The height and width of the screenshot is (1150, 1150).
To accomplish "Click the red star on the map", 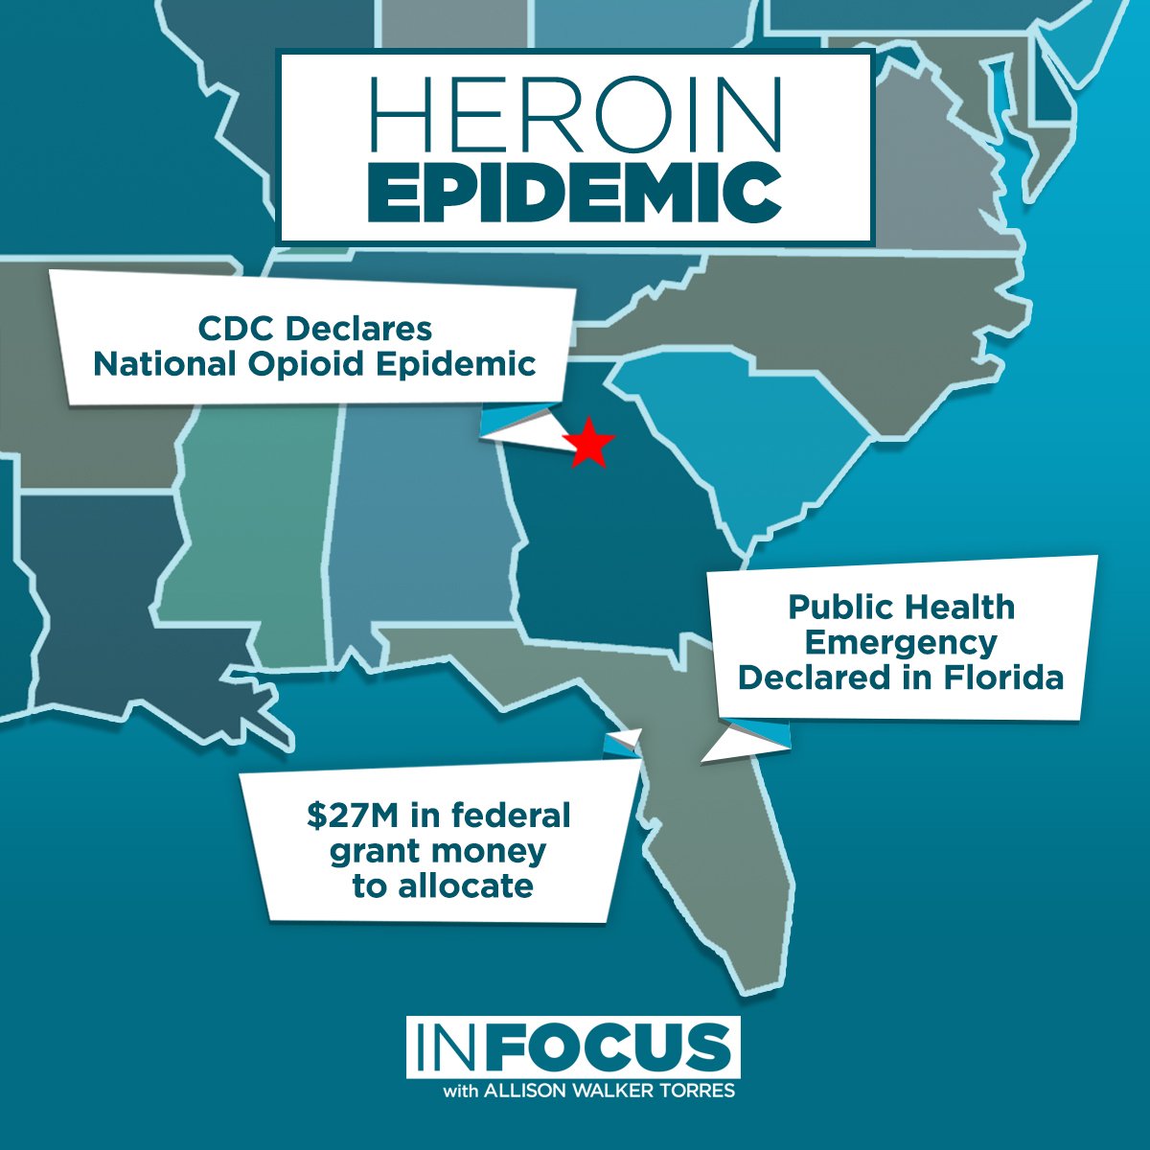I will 587,444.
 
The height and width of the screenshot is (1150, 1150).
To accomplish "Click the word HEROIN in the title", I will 575,115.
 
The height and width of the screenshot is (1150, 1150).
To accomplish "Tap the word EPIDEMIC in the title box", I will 575,192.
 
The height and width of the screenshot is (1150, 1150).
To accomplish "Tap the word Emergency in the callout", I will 902,642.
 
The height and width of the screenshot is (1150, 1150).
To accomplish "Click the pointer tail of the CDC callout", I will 522,426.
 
